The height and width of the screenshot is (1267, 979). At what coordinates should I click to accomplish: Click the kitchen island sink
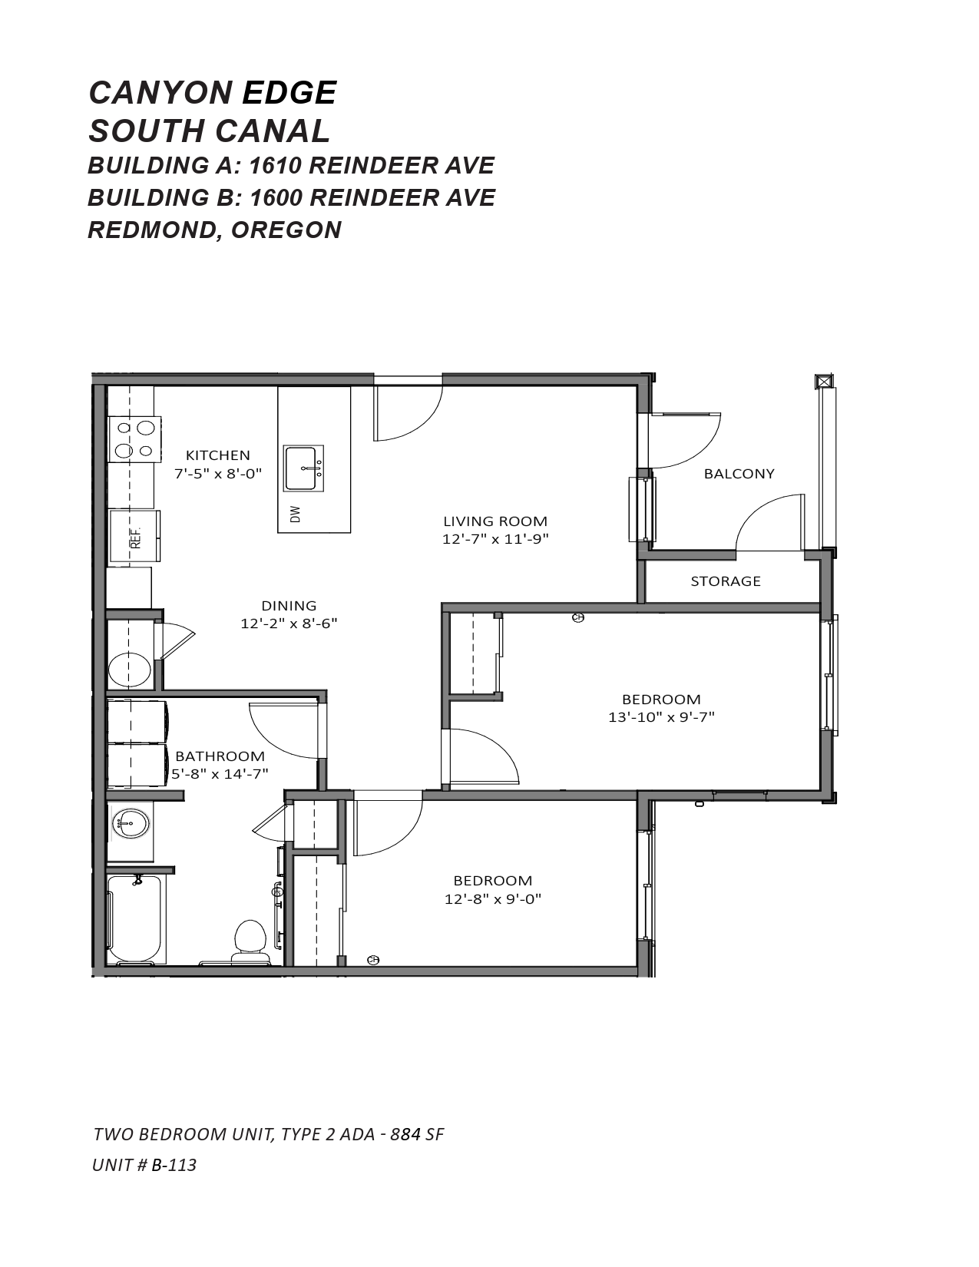pos(303,468)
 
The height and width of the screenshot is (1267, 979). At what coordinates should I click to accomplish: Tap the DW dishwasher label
pos(296,514)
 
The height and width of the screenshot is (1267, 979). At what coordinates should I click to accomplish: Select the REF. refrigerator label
pos(136,538)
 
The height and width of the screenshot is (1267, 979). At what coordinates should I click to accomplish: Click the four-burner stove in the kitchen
pos(134,440)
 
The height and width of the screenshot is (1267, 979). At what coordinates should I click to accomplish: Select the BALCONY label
pos(739,474)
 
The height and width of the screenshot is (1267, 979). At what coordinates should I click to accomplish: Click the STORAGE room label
pos(726,581)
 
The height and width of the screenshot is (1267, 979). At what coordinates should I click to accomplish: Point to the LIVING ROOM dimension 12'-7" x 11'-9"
pos(495,539)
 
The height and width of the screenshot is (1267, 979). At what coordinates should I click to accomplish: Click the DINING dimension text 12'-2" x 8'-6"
pos(289,624)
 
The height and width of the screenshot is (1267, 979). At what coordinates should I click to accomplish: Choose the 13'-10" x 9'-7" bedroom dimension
pos(661,717)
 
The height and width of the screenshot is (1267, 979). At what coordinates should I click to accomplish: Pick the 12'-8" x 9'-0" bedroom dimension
pos(493,898)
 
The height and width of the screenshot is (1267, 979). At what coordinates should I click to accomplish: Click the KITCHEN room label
pos(217,455)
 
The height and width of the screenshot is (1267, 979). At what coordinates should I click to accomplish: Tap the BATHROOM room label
pos(220,756)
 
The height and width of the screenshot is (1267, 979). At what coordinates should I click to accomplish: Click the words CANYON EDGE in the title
pos(212,93)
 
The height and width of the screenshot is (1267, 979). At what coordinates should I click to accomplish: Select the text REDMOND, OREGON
pos(214,230)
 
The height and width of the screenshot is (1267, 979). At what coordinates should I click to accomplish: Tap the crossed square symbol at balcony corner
pos(824,382)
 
